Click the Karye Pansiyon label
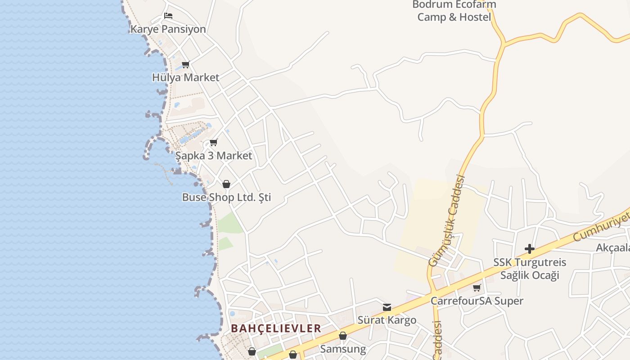168,29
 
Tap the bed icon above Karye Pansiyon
168,16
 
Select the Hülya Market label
185,77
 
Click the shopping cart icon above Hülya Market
185,64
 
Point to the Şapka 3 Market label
214,156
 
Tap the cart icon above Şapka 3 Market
214,143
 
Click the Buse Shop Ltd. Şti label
226,198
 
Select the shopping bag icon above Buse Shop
226,184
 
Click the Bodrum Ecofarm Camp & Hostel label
454,11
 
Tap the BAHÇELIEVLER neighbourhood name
276,328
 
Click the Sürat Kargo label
387,320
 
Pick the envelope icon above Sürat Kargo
387,307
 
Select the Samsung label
343,349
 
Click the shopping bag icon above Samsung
343,336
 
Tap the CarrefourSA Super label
477,301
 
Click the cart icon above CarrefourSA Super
477,288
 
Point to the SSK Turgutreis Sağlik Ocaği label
530,269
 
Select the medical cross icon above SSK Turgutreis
530,248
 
